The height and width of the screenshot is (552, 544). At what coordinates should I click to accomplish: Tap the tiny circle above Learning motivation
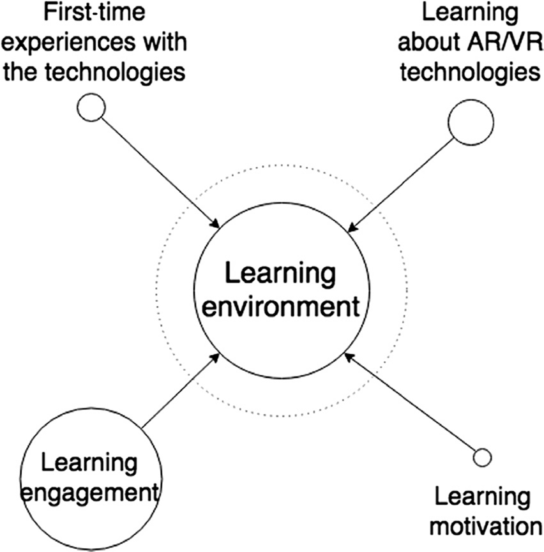(x=481, y=458)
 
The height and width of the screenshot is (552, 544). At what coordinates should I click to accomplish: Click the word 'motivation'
(x=484, y=526)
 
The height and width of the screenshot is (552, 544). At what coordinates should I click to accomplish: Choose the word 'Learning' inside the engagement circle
(x=89, y=461)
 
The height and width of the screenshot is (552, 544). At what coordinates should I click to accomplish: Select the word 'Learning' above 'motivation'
(x=483, y=496)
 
